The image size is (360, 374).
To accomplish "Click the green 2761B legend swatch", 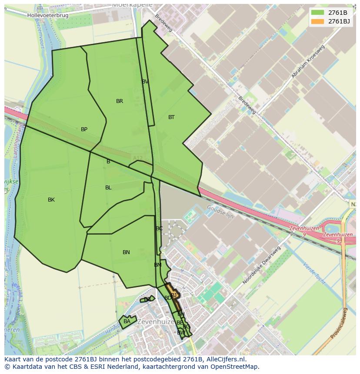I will click(317, 13).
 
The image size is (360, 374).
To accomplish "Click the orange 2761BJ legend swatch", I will click(317, 21).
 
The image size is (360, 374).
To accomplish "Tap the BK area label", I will click(51, 200).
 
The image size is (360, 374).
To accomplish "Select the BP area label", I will click(84, 129).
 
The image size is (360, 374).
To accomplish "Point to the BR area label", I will click(120, 101).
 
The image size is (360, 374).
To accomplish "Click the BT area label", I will click(171, 117).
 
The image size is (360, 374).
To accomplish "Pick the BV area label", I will click(145, 82).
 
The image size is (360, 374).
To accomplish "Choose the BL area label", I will click(108, 188).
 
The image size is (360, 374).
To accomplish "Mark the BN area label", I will click(126, 252).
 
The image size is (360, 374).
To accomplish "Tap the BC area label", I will click(159, 228).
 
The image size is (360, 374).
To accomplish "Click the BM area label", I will click(158, 265).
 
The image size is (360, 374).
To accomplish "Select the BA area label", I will click(127, 321).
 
